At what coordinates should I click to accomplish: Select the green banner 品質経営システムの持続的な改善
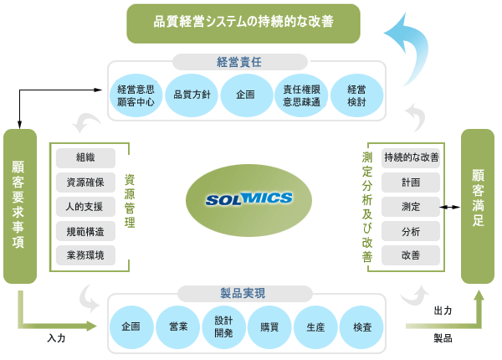(243, 23)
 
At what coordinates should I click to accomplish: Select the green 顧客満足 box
(478, 206)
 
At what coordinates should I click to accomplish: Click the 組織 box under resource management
(85, 157)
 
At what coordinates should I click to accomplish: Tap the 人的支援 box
(85, 206)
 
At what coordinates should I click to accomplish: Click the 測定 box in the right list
(410, 206)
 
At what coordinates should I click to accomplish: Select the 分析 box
(410, 231)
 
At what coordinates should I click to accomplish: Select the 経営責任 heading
(246, 60)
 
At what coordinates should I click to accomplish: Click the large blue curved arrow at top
(407, 50)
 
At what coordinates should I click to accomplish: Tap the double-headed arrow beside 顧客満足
(451, 206)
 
